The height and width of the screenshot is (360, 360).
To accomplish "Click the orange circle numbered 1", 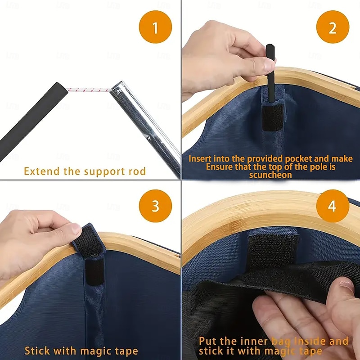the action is [x=155, y=27].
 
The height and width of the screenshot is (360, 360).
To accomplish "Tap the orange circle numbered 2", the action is [x=333, y=27].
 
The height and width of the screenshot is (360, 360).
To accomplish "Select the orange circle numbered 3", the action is [x=155, y=206].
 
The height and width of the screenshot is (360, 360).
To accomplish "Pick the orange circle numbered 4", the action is [x=333, y=206].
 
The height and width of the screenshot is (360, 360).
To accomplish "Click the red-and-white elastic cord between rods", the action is [x=89, y=90].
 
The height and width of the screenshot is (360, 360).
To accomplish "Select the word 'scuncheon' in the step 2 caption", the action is [x=270, y=175].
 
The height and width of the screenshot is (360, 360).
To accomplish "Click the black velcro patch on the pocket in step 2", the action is [x=273, y=117].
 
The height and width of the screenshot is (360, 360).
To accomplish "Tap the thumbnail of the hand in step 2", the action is [x=269, y=65].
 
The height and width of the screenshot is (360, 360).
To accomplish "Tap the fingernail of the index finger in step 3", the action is [x=76, y=229].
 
